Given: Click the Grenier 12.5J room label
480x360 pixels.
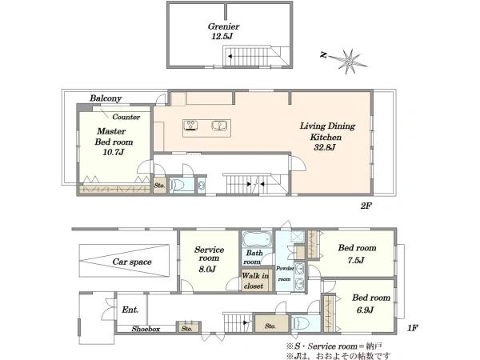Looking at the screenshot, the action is click(223, 31).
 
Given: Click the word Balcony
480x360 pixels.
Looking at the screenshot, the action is click(106, 98).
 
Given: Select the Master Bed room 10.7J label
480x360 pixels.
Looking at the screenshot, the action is click(114, 142).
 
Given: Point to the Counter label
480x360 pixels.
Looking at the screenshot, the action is click(126, 117).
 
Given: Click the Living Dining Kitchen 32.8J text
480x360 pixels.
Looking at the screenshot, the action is click(326, 137).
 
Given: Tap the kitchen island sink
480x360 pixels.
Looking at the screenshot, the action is click(219, 126).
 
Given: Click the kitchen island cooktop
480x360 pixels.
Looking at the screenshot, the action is click(190, 126).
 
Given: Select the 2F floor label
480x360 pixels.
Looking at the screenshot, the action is click(366, 206).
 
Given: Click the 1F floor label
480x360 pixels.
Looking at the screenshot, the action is click(412, 328).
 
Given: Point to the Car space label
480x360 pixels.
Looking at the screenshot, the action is click(132, 262).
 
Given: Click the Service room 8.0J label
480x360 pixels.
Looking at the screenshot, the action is click(209, 259).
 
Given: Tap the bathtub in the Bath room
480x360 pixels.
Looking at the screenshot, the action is click(257, 239).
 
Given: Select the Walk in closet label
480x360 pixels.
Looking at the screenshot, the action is click(255, 281).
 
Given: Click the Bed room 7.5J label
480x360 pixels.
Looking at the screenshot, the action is click(357, 254).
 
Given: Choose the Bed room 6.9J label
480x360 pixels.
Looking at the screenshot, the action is click(371, 304).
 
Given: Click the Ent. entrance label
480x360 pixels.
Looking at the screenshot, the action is click(130, 310).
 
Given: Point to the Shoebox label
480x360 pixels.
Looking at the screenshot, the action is click(146, 329).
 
